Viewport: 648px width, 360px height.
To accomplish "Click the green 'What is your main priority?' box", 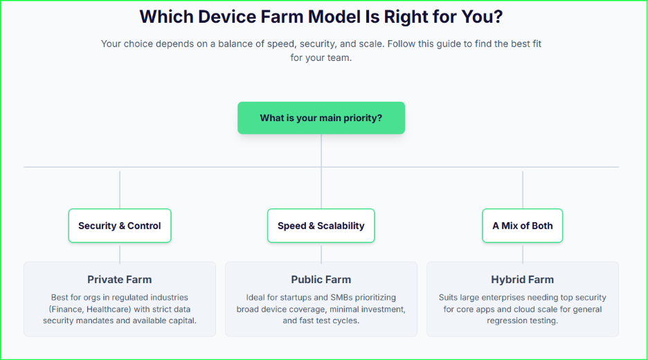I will click(321, 118).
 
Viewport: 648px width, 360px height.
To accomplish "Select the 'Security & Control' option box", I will click(119, 226).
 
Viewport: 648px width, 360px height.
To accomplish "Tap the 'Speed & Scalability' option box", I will click(321, 226).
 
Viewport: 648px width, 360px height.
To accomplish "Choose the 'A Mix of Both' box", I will click(522, 226).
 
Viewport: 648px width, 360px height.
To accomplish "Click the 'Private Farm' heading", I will click(119, 280).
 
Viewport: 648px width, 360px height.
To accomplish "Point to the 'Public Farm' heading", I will click(321, 280).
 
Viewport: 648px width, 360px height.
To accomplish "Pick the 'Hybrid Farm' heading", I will click(522, 280).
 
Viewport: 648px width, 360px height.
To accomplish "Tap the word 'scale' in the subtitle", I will click(368, 44).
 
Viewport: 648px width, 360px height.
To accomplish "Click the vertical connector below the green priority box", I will click(321, 150).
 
